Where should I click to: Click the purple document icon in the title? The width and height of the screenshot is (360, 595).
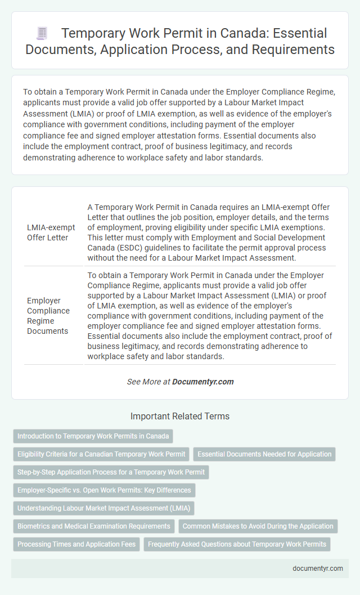[42, 34]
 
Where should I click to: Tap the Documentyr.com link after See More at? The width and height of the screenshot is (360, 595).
[202, 382]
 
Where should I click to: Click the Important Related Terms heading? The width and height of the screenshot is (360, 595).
[179, 417]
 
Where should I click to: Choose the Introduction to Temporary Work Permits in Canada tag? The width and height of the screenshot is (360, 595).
[93, 436]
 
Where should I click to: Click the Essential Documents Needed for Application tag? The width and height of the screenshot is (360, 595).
[264, 454]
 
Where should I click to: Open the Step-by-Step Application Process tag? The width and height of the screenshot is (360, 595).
[110, 472]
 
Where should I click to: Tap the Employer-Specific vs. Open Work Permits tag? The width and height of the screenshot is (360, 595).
[104, 490]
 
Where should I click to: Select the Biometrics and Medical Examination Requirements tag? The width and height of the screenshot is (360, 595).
[93, 526]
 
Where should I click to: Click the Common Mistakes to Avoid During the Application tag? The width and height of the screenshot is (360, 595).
[258, 526]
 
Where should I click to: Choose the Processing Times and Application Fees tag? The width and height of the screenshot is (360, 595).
[76, 544]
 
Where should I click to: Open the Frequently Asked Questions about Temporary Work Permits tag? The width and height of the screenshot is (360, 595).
[237, 544]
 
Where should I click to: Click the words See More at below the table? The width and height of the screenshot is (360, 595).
[148, 382]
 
